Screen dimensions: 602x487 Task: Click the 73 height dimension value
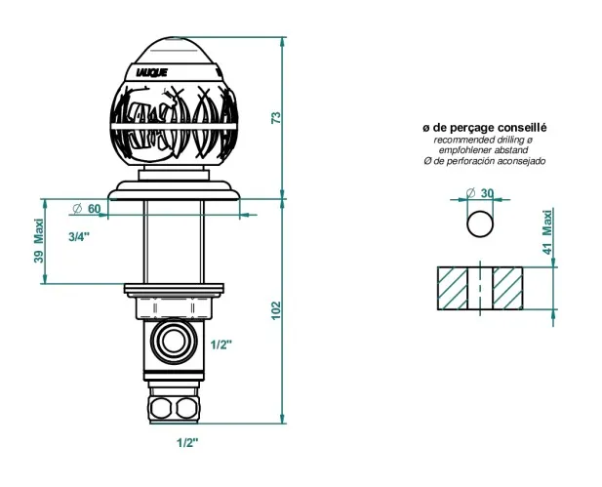[x=276, y=117]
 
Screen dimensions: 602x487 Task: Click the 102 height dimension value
[x=276, y=310]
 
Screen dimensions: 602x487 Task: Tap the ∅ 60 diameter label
[x=87, y=209]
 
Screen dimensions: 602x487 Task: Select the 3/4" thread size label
[x=79, y=237]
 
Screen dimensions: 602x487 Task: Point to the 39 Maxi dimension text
[x=39, y=241]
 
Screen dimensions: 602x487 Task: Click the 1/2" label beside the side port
[x=221, y=345]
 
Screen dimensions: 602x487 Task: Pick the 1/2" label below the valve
[x=187, y=443]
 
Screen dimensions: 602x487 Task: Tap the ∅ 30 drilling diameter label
[x=480, y=193]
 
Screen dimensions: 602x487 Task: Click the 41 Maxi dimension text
[x=547, y=231]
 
